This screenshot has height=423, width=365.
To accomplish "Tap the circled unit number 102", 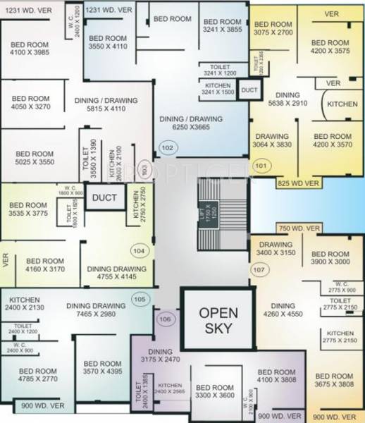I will pos(167,148).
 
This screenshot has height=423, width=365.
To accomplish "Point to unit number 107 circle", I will pos(259,269).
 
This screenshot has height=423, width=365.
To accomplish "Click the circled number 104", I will pos(138,250).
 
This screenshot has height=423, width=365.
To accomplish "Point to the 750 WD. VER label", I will pos(299,228).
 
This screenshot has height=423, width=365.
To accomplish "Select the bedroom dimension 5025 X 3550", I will pos(33,162).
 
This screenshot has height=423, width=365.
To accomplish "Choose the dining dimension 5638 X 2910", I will pos(287,102).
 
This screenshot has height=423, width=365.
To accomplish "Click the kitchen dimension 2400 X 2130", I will pos(25,308).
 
